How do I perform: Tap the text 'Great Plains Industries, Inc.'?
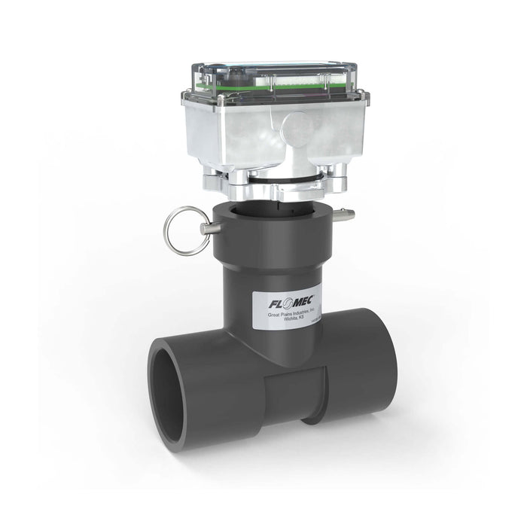pos(293,315)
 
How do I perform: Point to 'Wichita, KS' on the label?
pos(293,322)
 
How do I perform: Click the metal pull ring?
pos(184,230)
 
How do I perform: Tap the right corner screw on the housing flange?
pos(362,95)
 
